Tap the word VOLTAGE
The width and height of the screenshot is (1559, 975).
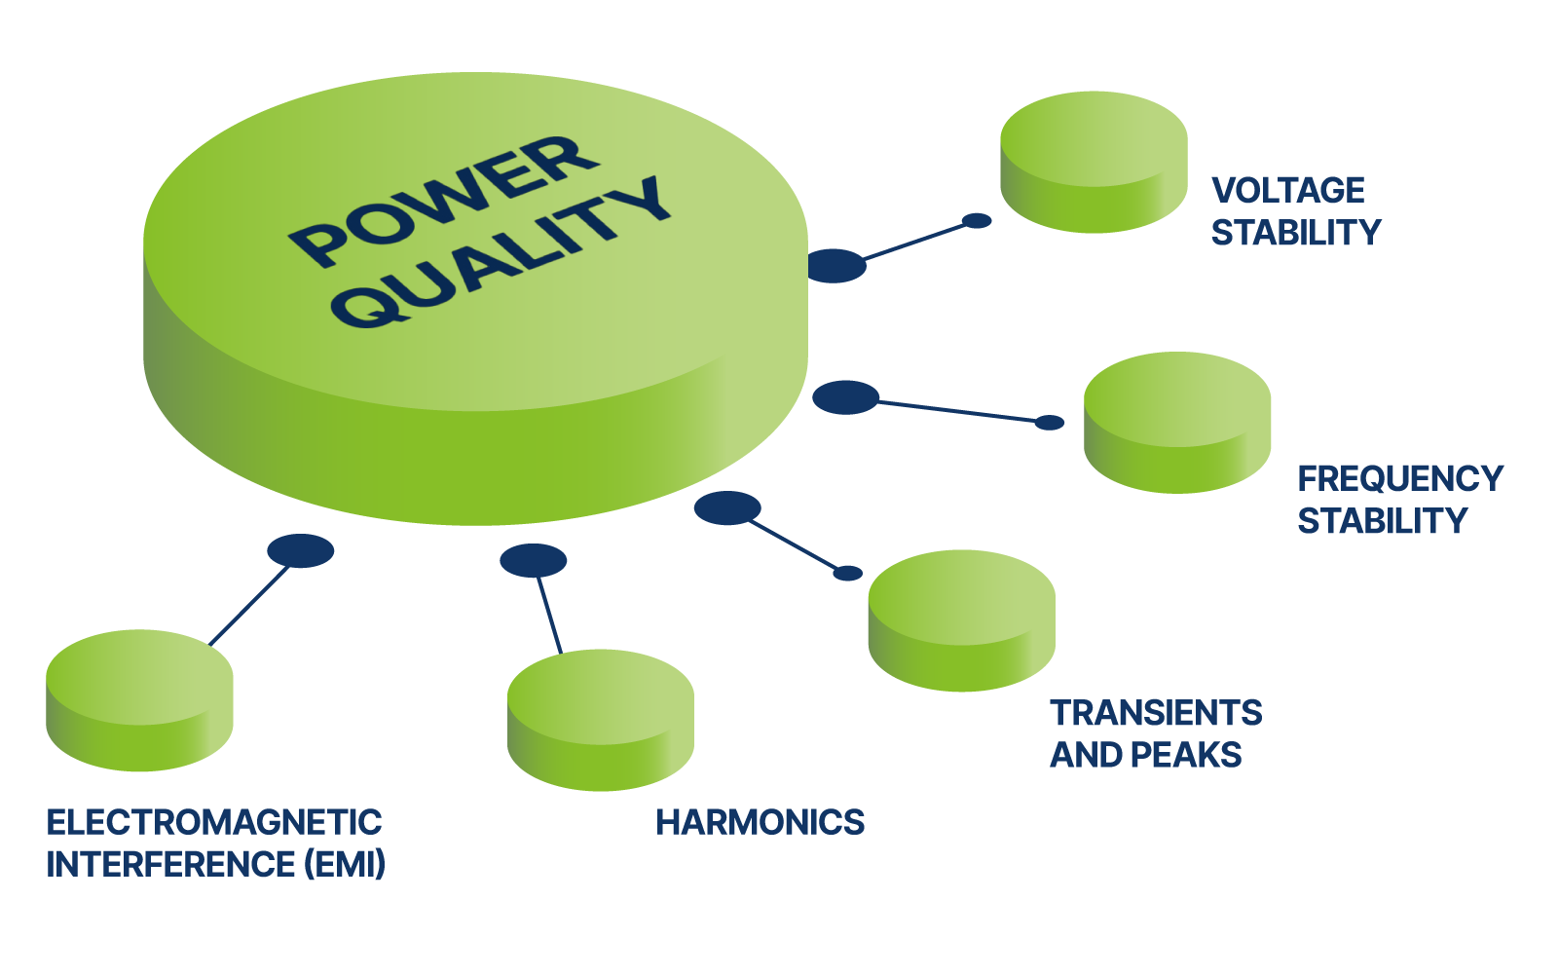(x=1287, y=190)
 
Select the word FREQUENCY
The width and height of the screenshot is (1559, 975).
(x=1400, y=478)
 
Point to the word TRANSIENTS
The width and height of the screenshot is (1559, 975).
(x=1155, y=713)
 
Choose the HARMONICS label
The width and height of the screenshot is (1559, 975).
(x=760, y=823)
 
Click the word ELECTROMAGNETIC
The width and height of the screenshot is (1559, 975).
(x=214, y=823)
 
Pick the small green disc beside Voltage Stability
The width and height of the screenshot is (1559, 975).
(x=1094, y=161)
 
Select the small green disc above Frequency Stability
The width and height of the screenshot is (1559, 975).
(x=1177, y=421)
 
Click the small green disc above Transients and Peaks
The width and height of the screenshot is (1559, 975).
(x=961, y=619)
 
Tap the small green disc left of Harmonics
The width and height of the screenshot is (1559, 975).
(x=601, y=719)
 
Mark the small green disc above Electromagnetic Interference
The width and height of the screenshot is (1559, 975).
(x=139, y=699)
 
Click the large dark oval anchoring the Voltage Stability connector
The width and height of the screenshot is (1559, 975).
(x=835, y=265)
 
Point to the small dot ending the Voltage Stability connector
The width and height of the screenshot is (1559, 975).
(x=977, y=221)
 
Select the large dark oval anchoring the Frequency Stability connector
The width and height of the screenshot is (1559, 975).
(x=845, y=396)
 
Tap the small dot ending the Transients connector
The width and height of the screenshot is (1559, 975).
(x=848, y=573)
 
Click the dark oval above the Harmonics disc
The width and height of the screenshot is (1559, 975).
(x=533, y=560)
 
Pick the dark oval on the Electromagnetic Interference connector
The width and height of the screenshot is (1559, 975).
(x=301, y=550)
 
